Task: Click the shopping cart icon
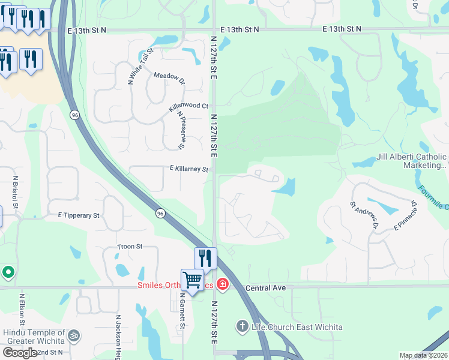192,280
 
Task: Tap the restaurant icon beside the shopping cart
205,258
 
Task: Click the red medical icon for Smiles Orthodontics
223,283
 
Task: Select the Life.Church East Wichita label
297,327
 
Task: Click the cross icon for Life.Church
242,326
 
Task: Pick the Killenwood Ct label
188,106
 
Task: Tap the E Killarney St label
188,169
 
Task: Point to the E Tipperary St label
79,215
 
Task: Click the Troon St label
130,247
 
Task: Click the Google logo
20,353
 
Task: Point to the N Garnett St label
181,310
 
